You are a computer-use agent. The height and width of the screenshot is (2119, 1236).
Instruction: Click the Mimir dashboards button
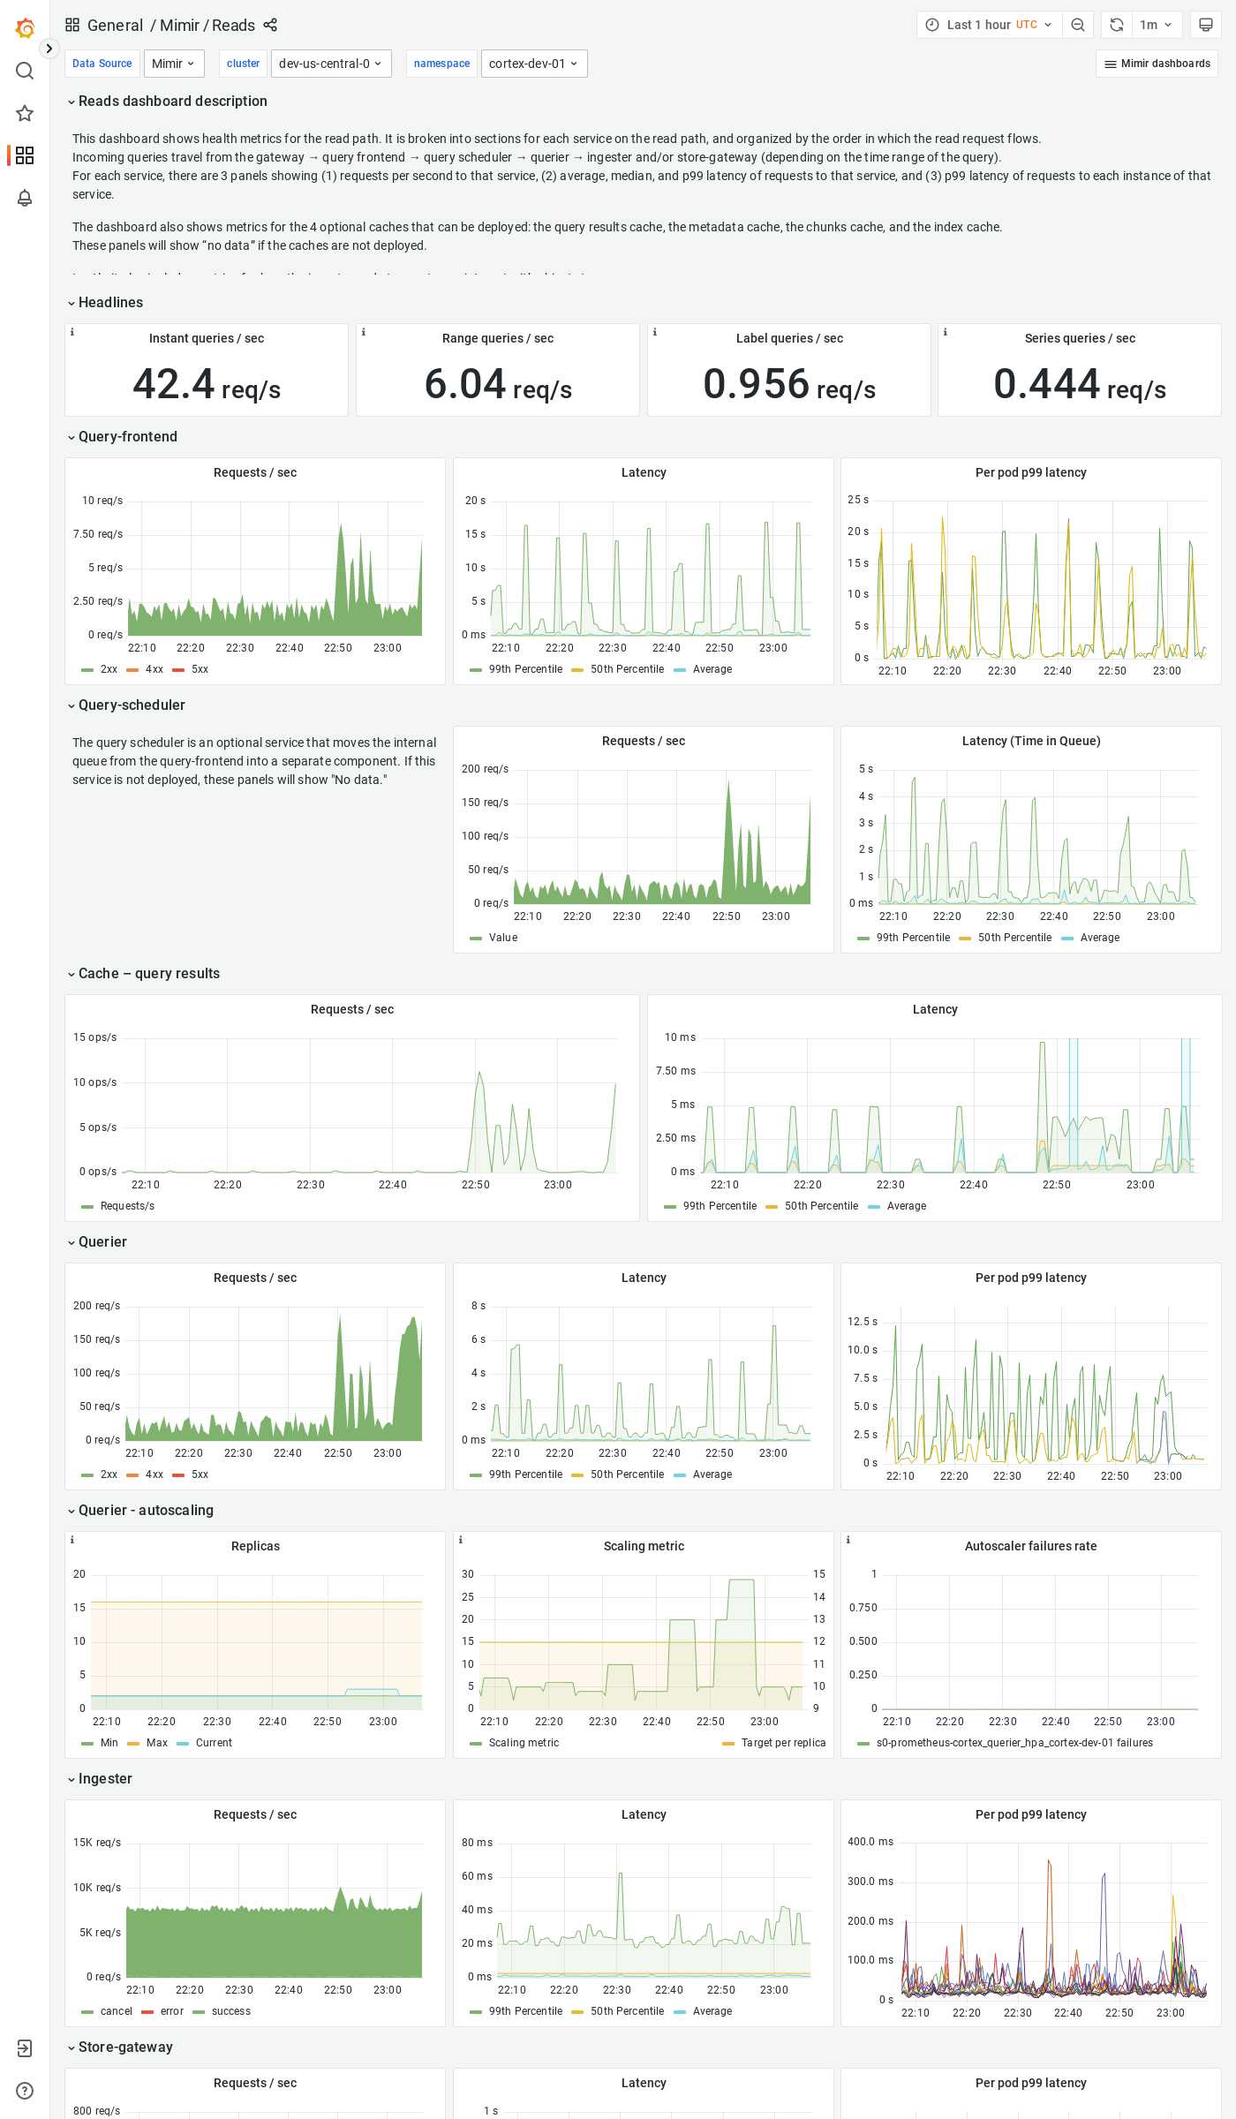(x=1157, y=64)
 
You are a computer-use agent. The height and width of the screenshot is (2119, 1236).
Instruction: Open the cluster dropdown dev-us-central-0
(x=330, y=64)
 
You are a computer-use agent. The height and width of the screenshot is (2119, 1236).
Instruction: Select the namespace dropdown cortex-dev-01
(x=533, y=64)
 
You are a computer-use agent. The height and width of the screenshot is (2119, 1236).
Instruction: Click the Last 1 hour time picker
(x=989, y=25)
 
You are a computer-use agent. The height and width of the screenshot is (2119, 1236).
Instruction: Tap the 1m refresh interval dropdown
(x=1155, y=25)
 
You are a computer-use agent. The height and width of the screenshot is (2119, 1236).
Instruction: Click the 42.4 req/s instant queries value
(x=207, y=385)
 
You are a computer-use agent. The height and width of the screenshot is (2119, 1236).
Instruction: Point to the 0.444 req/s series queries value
(x=1079, y=385)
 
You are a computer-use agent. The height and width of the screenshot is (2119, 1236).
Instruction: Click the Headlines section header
(x=110, y=303)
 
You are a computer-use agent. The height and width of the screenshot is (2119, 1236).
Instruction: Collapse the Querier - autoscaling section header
(x=146, y=1511)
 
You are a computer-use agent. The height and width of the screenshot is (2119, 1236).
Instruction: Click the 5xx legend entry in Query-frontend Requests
(x=200, y=669)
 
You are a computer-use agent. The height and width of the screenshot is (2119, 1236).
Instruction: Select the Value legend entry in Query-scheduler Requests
(x=502, y=938)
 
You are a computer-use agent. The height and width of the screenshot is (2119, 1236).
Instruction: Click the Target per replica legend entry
(x=782, y=1743)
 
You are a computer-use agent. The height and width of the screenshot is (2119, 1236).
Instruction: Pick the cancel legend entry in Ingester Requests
(x=116, y=2011)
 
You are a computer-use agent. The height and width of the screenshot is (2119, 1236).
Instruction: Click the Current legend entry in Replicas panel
(x=214, y=1743)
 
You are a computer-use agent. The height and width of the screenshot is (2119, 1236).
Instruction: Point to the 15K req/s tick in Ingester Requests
(x=97, y=1843)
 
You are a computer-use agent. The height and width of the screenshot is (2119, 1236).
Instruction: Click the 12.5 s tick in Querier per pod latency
(x=862, y=1322)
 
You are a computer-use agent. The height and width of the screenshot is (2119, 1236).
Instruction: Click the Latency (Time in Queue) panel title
(x=1030, y=742)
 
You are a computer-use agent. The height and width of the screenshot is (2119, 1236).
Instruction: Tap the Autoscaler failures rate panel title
(x=1030, y=1547)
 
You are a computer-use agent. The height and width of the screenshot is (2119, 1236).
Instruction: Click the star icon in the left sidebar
(x=25, y=113)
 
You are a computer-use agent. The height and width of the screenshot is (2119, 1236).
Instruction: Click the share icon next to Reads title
(x=270, y=25)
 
